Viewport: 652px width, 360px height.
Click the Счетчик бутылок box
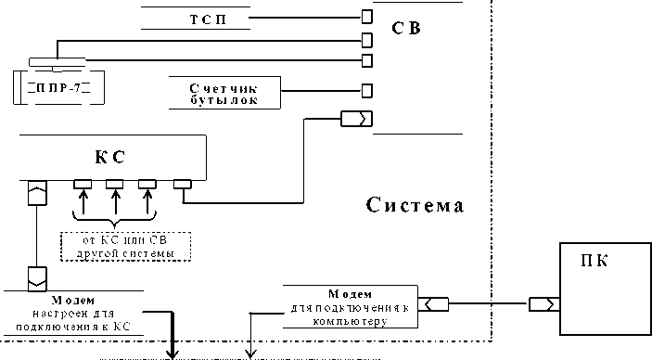(x=226, y=91)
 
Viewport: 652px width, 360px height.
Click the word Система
(x=415, y=204)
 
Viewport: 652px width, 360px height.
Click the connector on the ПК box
(x=543, y=304)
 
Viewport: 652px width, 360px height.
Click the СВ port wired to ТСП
(x=367, y=17)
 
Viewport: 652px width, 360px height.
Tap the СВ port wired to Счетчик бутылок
(x=367, y=91)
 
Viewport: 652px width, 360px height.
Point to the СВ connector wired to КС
(x=356, y=119)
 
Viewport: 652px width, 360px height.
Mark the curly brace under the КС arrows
(x=114, y=223)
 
